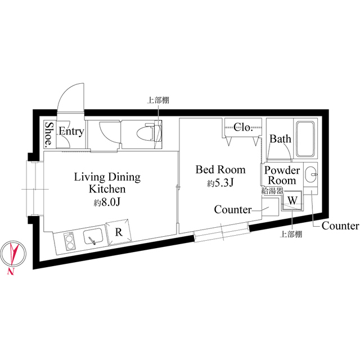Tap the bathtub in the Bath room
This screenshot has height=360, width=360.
point(305,139)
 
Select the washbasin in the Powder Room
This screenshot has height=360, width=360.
point(311,174)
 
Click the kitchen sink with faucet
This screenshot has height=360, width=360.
point(93,236)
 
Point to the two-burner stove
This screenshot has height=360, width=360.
point(70,241)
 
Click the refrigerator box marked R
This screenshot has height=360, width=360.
point(119,232)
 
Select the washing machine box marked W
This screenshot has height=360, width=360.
point(292,201)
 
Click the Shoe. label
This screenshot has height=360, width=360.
point(48,134)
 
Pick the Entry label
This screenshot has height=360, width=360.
point(71,131)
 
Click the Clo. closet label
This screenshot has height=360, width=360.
point(243,128)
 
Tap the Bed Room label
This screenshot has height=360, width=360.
point(220,170)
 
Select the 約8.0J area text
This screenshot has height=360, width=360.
point(107,202)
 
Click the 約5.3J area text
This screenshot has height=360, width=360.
point(220,183)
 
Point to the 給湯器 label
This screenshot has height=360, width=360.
point(272,191)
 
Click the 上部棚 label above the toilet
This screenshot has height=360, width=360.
point(158,100)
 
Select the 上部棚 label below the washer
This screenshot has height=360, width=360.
point(291,235)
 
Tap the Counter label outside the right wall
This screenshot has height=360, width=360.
point(340,226)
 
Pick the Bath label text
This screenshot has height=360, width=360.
point(280,139)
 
